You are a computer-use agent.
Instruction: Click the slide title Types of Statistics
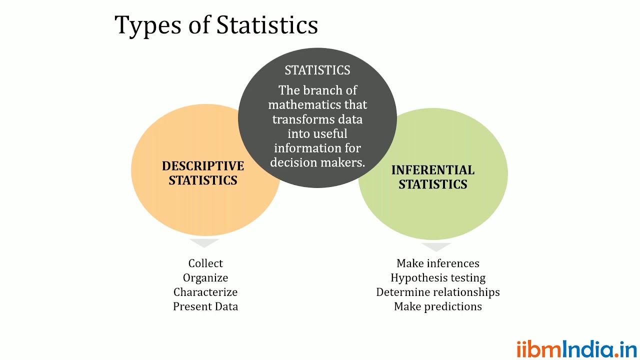pyautogui.click(x=216, y=25)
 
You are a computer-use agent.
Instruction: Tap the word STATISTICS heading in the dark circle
pyautogui.click(x=317, y=70)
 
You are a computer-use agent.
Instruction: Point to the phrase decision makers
pyautogui.click(x=317, y=162)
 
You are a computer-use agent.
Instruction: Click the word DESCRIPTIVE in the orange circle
pyautogui.click(x=203, y=166)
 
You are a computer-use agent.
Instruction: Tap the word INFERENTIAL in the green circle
pyautogui.click(x=433, y=170)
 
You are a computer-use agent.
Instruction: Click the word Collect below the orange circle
pyautogui.click(x=205, y=263)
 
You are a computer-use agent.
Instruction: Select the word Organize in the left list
pyautogui.click(x=205, y=278)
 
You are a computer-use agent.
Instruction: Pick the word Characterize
pyautogui.click(x=205, y=292)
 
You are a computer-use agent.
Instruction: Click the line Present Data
pyautogui.click(x=205, y=306)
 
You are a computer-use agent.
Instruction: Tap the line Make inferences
pyautogui.click(x=438, y=263)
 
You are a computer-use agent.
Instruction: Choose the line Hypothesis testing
pyautogui.click(x=438, y=278)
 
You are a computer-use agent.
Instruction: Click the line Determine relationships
pyautogui.click(x=438, y=292)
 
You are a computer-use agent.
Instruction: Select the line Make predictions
pyautogui.click(x=438, y=306)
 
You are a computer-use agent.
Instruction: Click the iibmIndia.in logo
pyautogui.click(x=576, y=348)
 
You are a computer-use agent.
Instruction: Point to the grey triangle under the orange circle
pyautogui.click(x=204, y=242)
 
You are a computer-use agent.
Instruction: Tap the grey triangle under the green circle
pyautogui.click(x=436, y=246)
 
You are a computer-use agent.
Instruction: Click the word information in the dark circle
pyautogui.click(x=303, y=148)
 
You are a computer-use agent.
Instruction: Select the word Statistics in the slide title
pyautogui.click(x=267, y=25)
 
